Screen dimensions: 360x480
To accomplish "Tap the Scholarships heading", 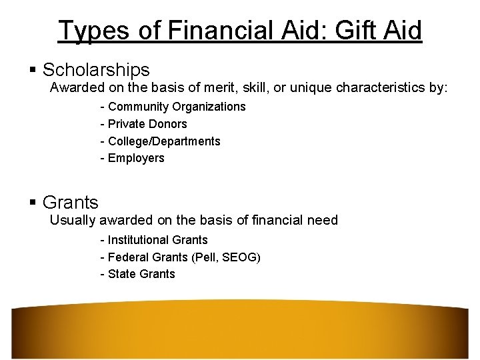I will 96,69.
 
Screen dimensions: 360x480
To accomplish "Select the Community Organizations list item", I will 177,107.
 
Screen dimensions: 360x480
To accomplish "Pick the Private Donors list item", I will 147,124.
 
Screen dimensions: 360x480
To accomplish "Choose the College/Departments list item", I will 164,141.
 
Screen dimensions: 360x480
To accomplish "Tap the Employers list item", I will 136,159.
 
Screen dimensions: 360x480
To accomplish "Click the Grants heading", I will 70,202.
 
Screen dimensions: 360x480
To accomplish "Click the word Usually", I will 73,220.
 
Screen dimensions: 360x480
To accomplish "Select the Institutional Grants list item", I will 158,240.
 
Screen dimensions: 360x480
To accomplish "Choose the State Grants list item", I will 141,274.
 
